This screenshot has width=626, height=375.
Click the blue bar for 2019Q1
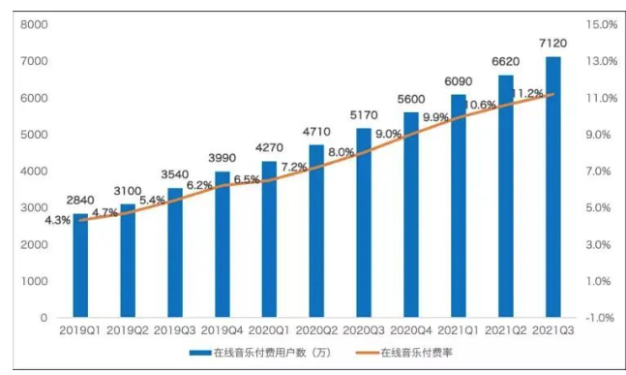click(x=80, y=266)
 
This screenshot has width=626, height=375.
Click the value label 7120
click(x=551, y=45)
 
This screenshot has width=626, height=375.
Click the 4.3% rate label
click(x=57, y=220)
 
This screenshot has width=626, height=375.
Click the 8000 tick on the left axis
click(x=35, y=24)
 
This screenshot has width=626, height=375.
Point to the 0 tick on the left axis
click(x=44, y=318)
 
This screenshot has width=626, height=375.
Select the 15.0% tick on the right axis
click(x=602, y=24)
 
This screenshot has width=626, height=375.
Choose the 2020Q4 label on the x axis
click(x=410, y=331)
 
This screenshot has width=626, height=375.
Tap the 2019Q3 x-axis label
click(x=174, y=331)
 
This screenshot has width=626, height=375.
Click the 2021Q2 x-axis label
click(x=505, y=331)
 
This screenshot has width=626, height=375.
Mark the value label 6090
click(x=458, y=82)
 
